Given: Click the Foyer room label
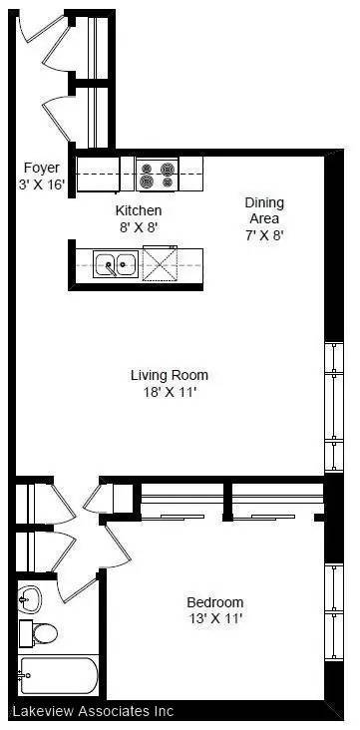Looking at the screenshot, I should [x=41, y=169].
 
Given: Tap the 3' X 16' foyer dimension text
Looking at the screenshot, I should [x=41, y=185].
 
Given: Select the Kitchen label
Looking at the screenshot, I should [x=138, y=211].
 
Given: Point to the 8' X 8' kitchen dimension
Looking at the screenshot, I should [x=138, y=227].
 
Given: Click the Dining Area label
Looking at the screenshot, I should [x=263, y=210].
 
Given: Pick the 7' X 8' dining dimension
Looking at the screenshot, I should [x=263, y=235].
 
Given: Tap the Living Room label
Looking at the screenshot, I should [x=170, y=375].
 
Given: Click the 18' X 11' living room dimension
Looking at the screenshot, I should [x=170, y=392].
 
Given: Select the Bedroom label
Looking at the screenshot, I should [x=215, y=602].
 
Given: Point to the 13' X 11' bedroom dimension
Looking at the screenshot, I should [x=215, y=619].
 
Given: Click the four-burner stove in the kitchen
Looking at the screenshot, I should [x=157, y=176].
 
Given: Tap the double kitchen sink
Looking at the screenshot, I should [x=116, y=265].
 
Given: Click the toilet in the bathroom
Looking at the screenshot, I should [x=44, y=631].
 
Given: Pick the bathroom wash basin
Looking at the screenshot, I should [x=31, y=598].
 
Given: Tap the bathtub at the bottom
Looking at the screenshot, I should [x=56, y=677].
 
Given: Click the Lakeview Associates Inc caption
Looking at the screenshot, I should [x=93, y=712].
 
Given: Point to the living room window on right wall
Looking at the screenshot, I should [x=334, y=406].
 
